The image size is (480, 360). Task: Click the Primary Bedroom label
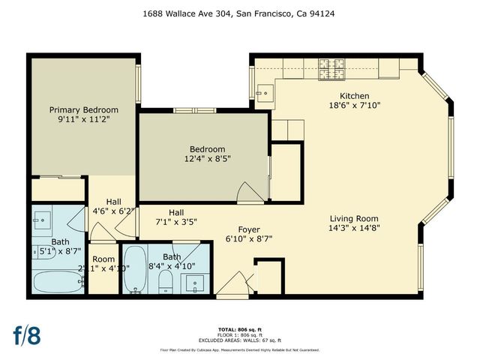click(x=84, y=109)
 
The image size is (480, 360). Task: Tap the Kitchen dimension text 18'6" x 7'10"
click(x=355, y=106)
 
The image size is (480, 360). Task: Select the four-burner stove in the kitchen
click(x=329, y=70)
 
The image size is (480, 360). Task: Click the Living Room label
click(x=355, y=219)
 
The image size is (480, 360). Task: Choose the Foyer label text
click(x=249, y=229)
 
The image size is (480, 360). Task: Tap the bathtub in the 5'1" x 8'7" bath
click(x=58, y=282)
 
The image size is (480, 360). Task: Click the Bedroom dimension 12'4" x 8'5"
click(x=207, y=159)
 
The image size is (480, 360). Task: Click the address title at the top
click(x=240, y=13)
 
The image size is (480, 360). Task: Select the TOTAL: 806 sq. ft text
click(x=240, y=329)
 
